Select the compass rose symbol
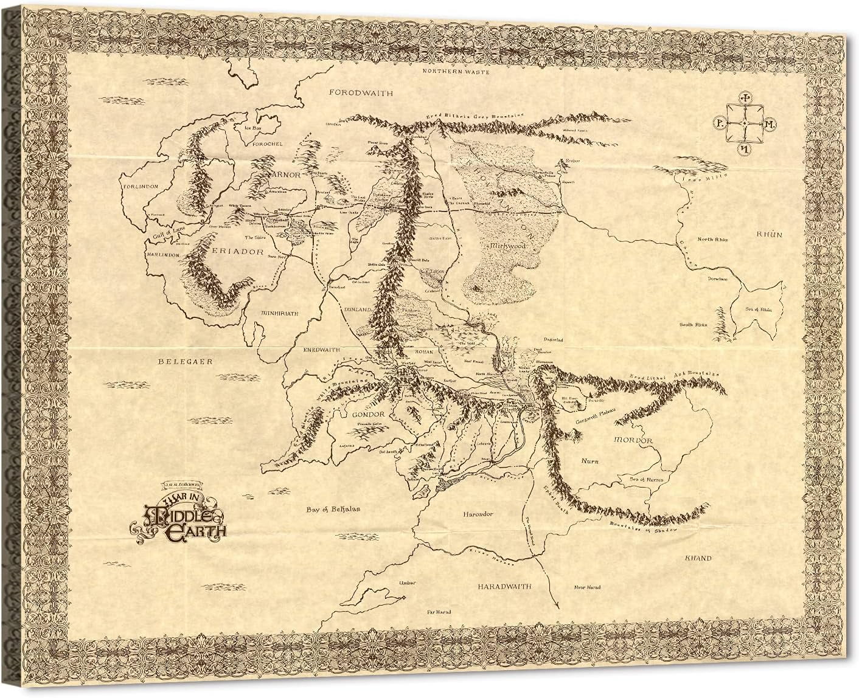tap(744, 123)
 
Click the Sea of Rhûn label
tap(758, 310)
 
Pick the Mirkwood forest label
tap(510, 247)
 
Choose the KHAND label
tap(698, 558)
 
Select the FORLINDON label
tap(140, 185)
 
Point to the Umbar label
tap(405, 582)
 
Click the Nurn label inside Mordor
tap(589, 461)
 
